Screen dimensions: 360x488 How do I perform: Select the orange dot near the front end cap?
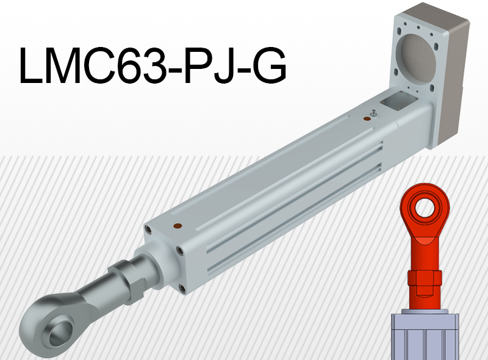(x=178, y=226)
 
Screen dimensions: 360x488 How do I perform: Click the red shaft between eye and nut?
(x=425, y=250)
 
